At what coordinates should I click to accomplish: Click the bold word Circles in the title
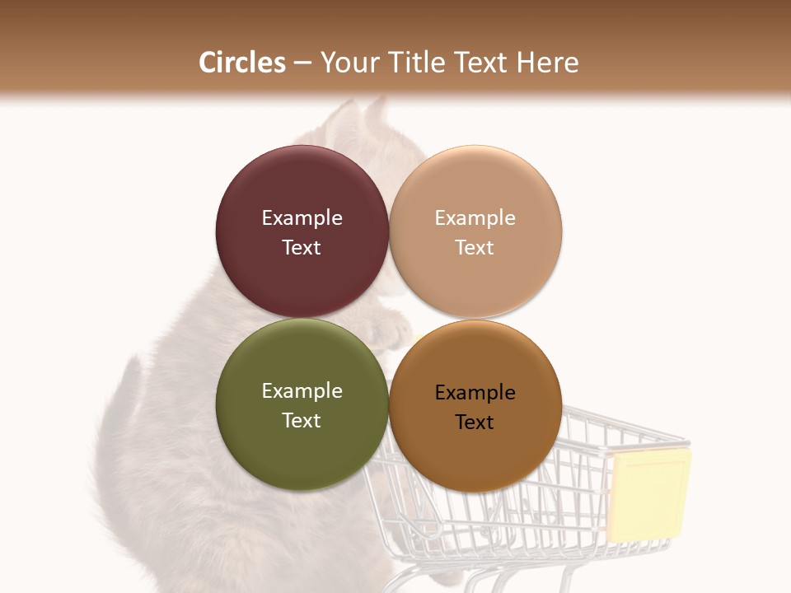click(242, 63)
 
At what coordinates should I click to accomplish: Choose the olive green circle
click(302, 457)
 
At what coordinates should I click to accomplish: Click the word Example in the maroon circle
click(302, 218)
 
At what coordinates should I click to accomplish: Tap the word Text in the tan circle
click(475, 247)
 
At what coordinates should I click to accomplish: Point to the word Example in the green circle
click(302, 391)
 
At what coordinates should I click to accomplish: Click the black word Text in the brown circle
click(475, 422)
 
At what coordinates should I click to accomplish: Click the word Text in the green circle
click(302, 420)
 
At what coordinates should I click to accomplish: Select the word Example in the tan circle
click(475, 218)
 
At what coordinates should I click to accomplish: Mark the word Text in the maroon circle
click(302, 247)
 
